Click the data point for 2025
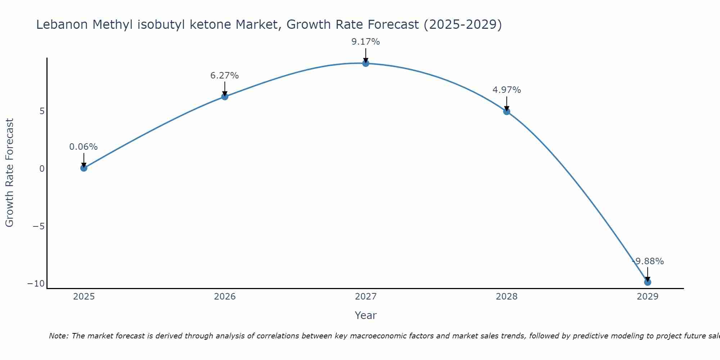pos(84,168)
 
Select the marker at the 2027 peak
pos(366,63)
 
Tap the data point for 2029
pos(648,282)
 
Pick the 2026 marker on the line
pos(225,96)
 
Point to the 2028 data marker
pos(507,112)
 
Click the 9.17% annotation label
pos(366,42)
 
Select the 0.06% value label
pos(84,147)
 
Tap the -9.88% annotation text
pos(648,261)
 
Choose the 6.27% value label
pos(225,76)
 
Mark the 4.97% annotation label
pos(507,90)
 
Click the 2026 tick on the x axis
pos(225,297)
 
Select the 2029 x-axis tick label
pos(648,297)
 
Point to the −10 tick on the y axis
pos(36,284)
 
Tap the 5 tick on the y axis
pos(42,111)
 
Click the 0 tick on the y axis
pos(42,168)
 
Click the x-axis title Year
pos(366,315)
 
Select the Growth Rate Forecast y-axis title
pos(10,173)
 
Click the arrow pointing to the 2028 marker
pos(507,104)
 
